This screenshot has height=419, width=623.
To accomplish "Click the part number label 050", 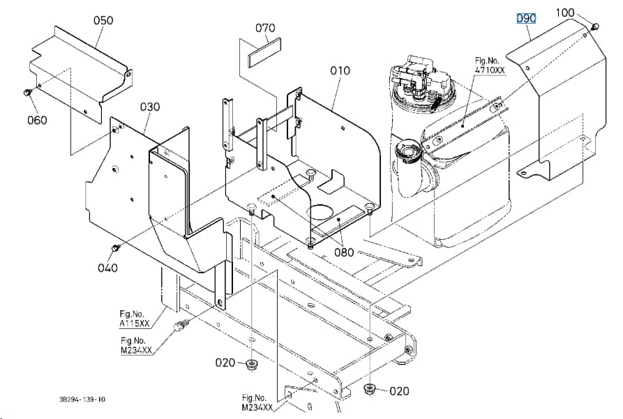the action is [x=103, y=20].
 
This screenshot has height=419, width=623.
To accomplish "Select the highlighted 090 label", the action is [x=526, y=18].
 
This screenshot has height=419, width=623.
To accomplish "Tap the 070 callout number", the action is [x=265, y=28].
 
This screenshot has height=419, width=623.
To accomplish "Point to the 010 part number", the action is [x=340, y=70].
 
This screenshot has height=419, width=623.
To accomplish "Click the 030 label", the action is [x=150, y=107].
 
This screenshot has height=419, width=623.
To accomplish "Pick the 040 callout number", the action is [x=107, y=268].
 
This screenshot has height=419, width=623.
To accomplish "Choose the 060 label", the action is [x=37, y=120].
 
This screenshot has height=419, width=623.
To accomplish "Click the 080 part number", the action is [x=344, y=252].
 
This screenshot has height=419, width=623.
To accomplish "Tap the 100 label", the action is [x=565, y=13].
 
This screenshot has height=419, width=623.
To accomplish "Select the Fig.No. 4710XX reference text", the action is [x=490, y=66].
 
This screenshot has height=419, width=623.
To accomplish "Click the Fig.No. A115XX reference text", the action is [x=135, y=319].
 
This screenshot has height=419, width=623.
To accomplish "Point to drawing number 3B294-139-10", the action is [x=82, y=399].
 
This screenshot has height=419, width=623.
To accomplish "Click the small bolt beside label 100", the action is [x=595, y=27].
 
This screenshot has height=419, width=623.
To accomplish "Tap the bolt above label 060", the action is [x=27, y=93].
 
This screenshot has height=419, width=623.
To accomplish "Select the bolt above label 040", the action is [x=116, y=248].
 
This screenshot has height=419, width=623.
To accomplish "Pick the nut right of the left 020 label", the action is [x=250, y=364].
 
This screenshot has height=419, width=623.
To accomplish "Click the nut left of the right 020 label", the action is [x=370, y=388].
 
